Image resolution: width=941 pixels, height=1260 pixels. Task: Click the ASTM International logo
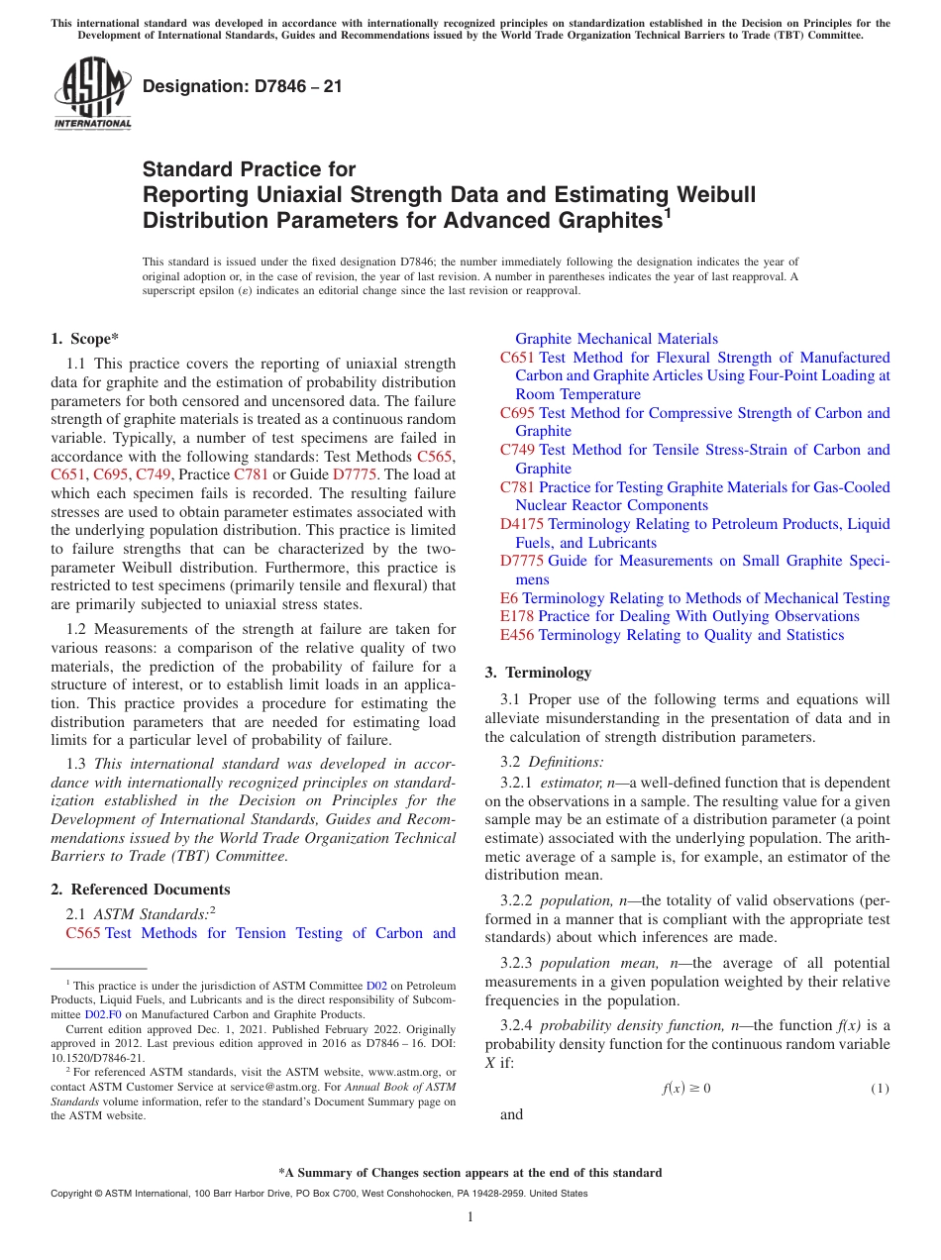pos(92,93)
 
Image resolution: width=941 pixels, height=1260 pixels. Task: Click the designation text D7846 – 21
pos(243,86)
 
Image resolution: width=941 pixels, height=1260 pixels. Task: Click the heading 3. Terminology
pos(538,673)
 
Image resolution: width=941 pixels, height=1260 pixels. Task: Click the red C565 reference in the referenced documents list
pos(83,933)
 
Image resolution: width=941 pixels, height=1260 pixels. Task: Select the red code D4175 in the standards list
pos(522,524)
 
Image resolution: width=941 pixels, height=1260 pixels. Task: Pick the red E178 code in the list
pos(517,616)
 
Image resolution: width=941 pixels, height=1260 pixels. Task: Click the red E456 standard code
pos(517,635)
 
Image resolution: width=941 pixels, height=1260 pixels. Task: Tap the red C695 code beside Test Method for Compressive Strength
pos(517,413)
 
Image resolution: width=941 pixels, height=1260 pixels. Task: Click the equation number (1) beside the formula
pos(880,1089)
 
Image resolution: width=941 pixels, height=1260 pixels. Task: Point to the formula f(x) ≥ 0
pos(685,1089)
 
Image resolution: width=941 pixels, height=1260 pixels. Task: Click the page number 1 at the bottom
pos(470,1216)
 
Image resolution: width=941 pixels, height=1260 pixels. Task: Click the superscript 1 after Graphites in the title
pos(668,211)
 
